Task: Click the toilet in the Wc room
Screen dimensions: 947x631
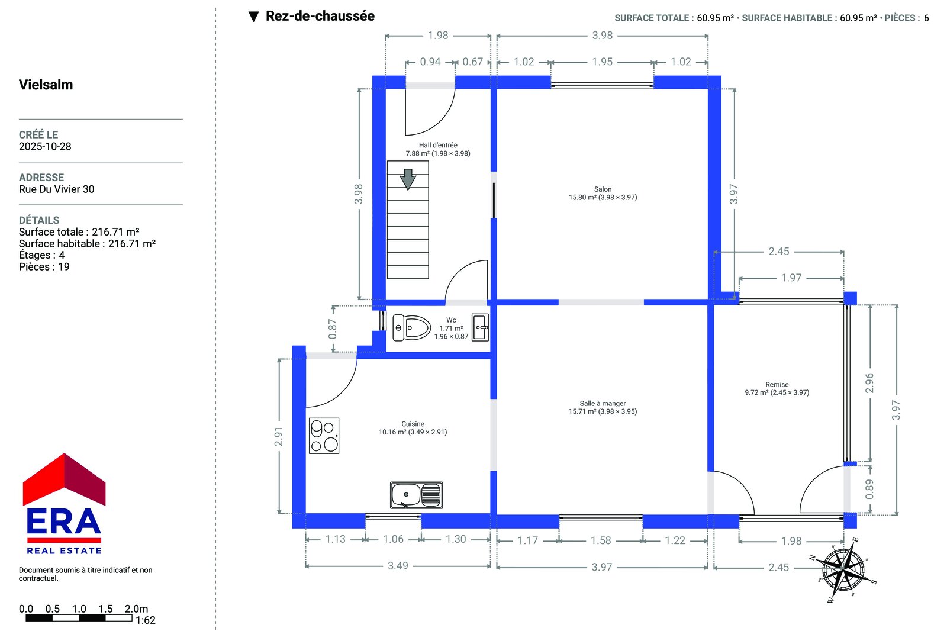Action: click(411, 328)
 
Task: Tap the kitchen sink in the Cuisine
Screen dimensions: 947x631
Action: click(417, 495)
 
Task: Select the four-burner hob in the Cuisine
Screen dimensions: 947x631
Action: click(324, 436)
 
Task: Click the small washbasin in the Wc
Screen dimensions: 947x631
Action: click(480, 327)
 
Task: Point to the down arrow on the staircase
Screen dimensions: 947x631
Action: click(408, 179)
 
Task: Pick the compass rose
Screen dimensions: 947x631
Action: click(843, 569)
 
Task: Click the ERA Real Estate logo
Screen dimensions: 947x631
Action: click(64, 504)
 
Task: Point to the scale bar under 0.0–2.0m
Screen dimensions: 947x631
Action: click(79, 618)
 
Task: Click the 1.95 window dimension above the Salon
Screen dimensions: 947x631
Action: click(603, 62)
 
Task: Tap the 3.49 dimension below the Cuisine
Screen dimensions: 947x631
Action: click(398, 566)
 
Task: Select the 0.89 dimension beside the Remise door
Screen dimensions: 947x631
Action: click(869, 489)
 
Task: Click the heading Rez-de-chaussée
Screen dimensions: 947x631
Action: click(320, 16)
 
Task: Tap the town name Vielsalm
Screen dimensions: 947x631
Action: click(46, 85)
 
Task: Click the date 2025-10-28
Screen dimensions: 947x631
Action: click(45, 146)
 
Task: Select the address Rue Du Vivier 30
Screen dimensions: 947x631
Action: click(56, 189)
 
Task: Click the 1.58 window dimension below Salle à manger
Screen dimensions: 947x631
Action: click(601, 540)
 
